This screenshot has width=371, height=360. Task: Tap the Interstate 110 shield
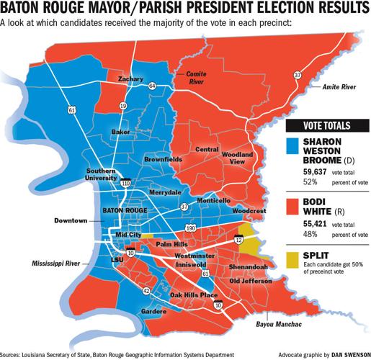point(125,184)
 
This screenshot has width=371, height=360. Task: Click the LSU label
point(112,259)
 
